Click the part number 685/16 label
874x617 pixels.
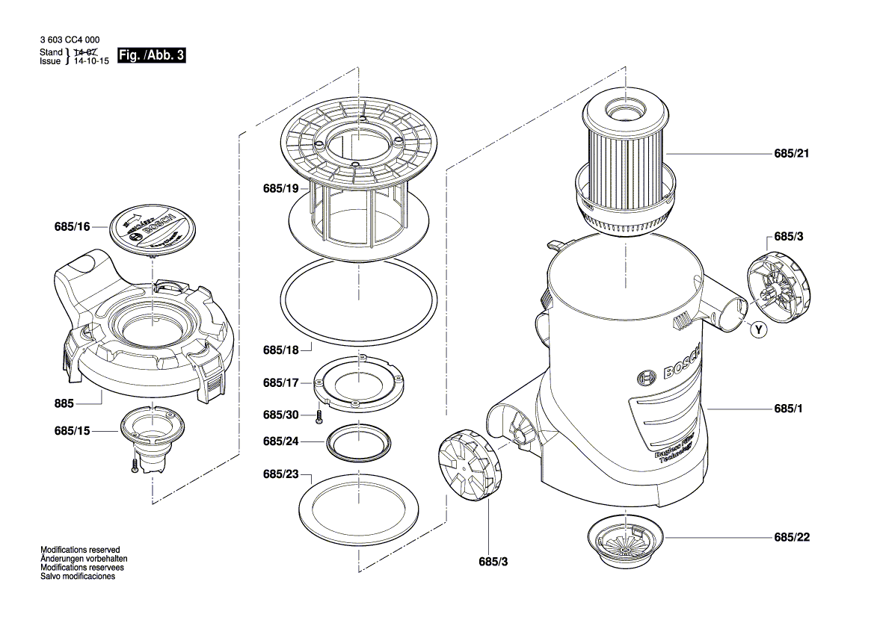[x=72, y=226]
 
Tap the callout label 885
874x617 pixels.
[x=64, y=403]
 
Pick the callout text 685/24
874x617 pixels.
[x=280, y=441]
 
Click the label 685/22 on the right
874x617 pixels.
[x=793, y=538]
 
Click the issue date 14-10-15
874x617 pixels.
[x=90, y=62]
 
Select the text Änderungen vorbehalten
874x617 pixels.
[x=83, y=558]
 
